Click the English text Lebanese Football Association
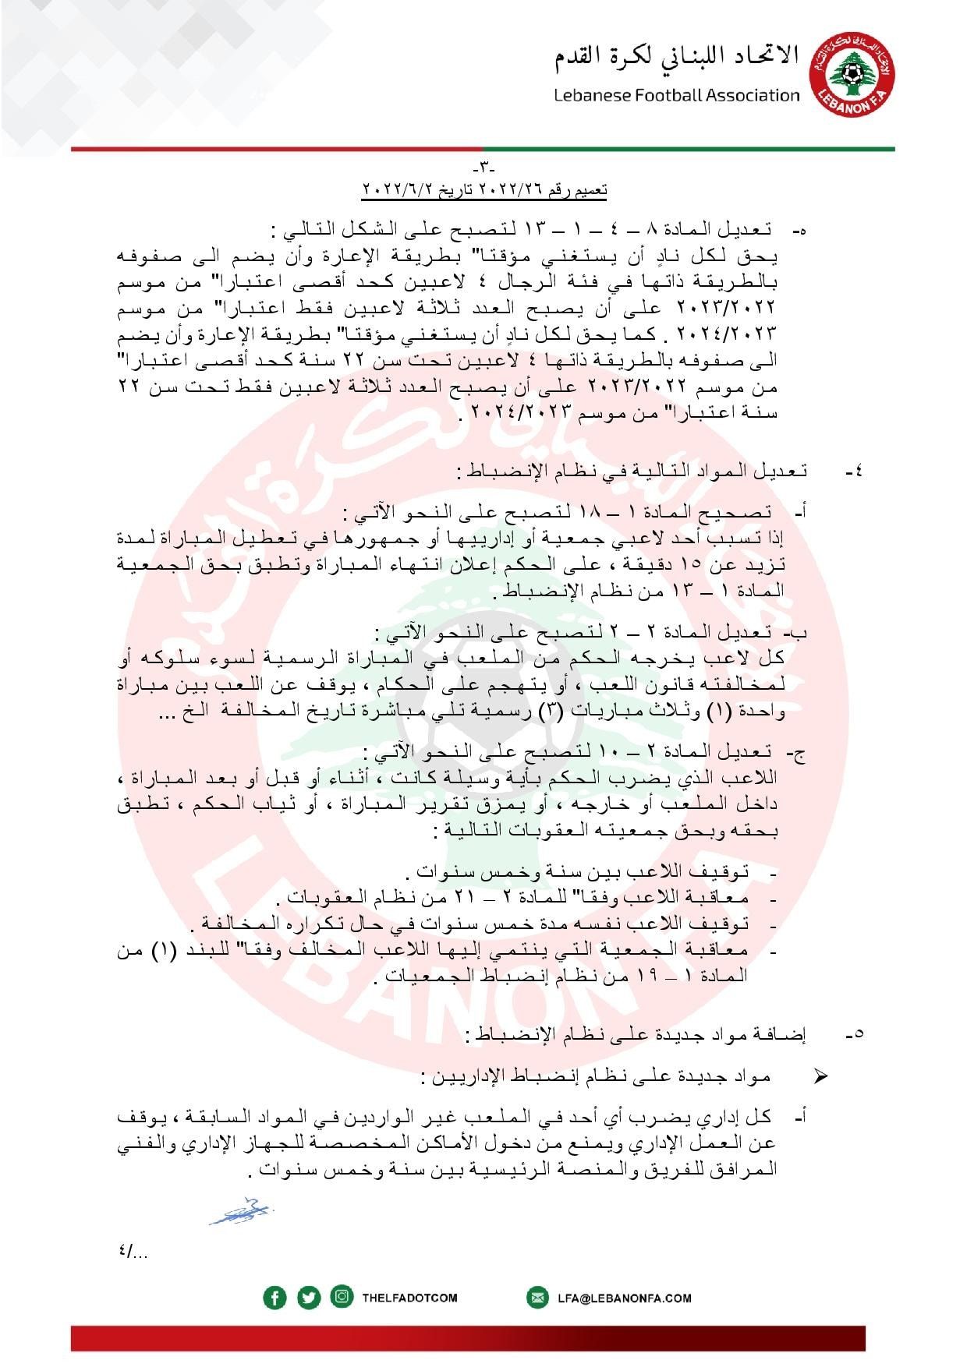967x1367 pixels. [x=677, y=95]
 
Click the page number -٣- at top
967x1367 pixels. [x=484, y=168]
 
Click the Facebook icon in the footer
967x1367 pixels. [x=275, y=1298]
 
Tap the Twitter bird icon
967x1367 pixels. [x=309, y=1298]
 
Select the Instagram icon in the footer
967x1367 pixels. [x=342, y=1297]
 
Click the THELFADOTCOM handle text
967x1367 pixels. [x=409, y=1298]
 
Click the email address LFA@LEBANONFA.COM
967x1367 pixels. [x=624, y=1298]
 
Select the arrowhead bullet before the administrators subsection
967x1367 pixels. [x=820, y=1076]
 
